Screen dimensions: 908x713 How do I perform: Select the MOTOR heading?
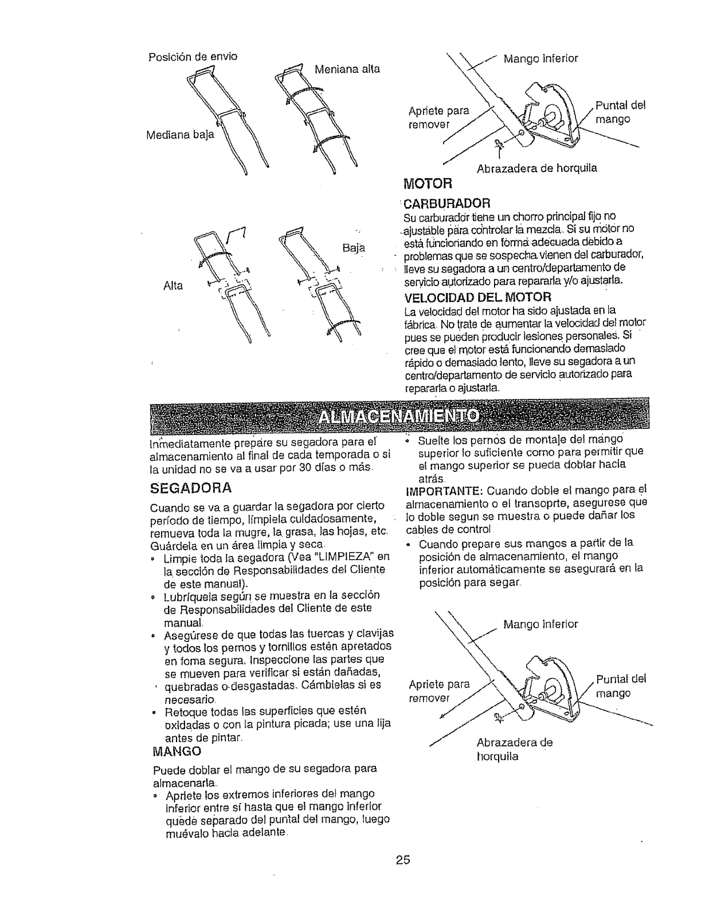(x=428, y=183)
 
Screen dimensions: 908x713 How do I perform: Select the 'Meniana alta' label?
(x=348, y=69)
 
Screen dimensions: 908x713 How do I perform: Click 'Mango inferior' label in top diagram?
(x=540, y=58)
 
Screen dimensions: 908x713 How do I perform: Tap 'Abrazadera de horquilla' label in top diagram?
(x=536, y=168)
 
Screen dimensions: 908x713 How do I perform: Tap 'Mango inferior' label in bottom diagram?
(x=540, y=624)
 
